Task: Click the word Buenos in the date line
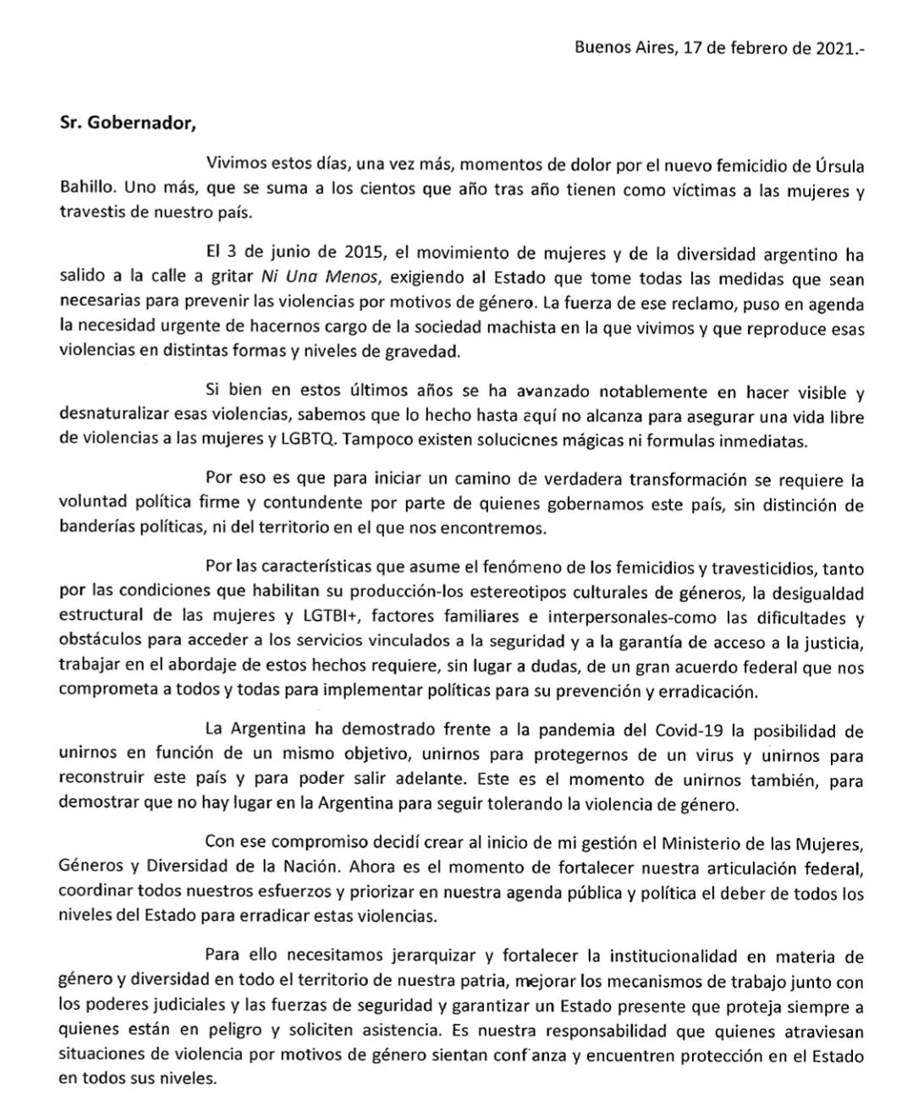(x=600, y=47)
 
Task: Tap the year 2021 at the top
(x=838, y=47)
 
